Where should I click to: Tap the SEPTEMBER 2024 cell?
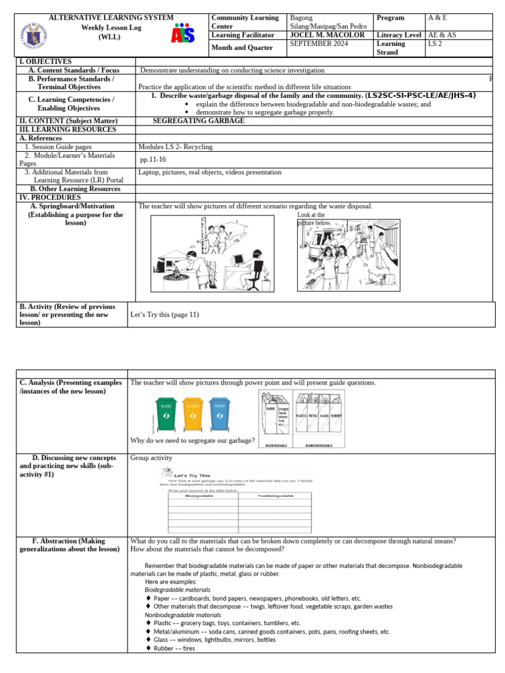[x=318, y=43]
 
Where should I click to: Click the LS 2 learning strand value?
[x=435, y=43]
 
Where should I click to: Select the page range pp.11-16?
[x=153, y=159]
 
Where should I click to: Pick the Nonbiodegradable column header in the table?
[x=276, y=495]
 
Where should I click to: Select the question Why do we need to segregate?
[x=193, y=440]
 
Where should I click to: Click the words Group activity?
[x=151, y=457]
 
